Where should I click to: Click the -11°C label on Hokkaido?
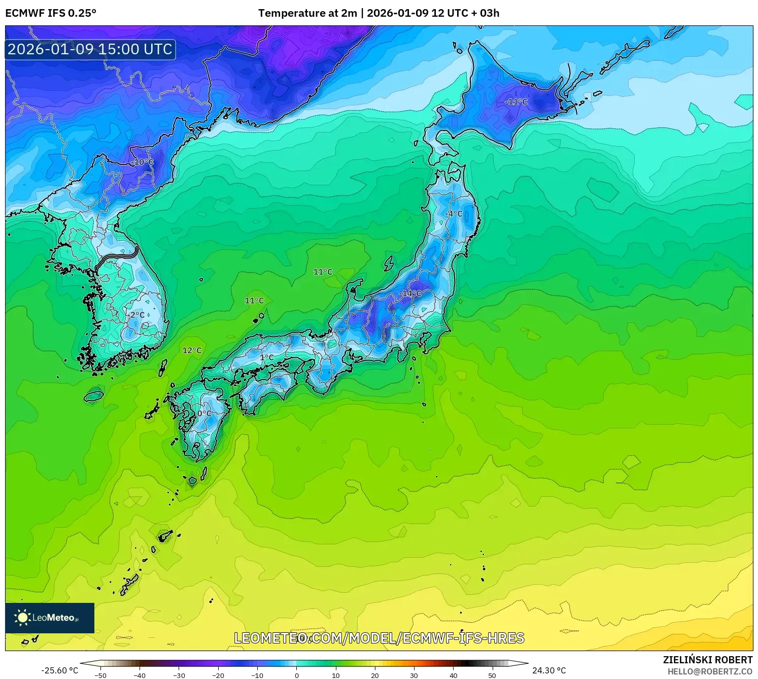click(516, 102)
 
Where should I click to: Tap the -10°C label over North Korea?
click(142, 162)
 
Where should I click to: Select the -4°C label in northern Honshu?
click(454, 214)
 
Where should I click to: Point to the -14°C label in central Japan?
click(410, 293)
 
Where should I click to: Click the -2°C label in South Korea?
click(135, 315)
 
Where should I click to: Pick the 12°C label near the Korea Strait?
click(192, 351)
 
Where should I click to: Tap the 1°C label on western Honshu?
click(267, 358)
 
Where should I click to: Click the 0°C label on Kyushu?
click(204, 414)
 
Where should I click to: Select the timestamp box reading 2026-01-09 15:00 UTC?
click(90, 49)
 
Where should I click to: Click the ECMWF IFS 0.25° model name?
click(51, 13)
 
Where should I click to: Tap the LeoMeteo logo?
click(50, 618)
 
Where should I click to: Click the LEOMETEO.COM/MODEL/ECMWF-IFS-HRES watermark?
click(379, 638)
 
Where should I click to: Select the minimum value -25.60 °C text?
click(60, 670)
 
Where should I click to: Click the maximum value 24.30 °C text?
click(549, 670)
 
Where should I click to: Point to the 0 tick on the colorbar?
click(297, 675)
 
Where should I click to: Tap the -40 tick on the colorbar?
click(140, 675)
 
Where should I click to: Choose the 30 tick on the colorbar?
click(414, 675)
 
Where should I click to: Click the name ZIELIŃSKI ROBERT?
click(708, 660)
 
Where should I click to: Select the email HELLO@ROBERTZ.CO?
click(710, 671)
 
